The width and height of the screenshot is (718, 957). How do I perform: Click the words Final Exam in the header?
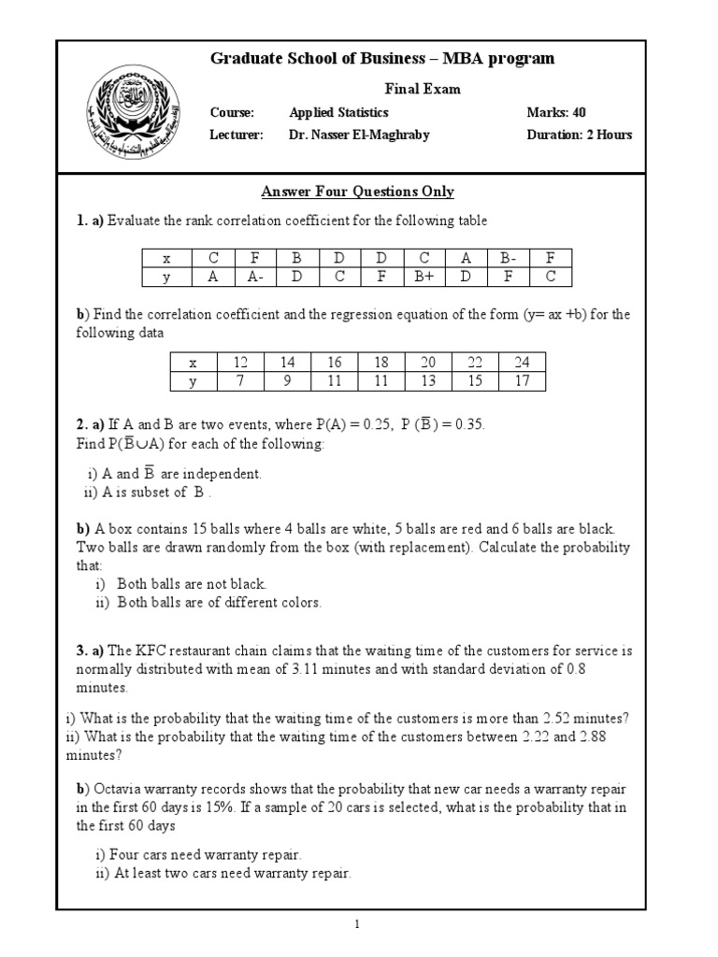[x=424, y=89]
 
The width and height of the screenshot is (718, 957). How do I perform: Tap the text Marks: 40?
[x=556, y=112]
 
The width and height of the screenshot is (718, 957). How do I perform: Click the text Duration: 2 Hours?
[x=579, y=135]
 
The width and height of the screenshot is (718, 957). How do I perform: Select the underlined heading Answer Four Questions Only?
[x=357, y=192]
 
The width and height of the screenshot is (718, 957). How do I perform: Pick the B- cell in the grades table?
[x=508, y=258]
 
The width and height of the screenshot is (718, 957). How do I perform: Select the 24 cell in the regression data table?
[x=522, y=363]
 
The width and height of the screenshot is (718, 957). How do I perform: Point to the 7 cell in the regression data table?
[x=240, y=381]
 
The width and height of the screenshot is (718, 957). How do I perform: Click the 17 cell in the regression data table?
[x=522, y=381]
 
